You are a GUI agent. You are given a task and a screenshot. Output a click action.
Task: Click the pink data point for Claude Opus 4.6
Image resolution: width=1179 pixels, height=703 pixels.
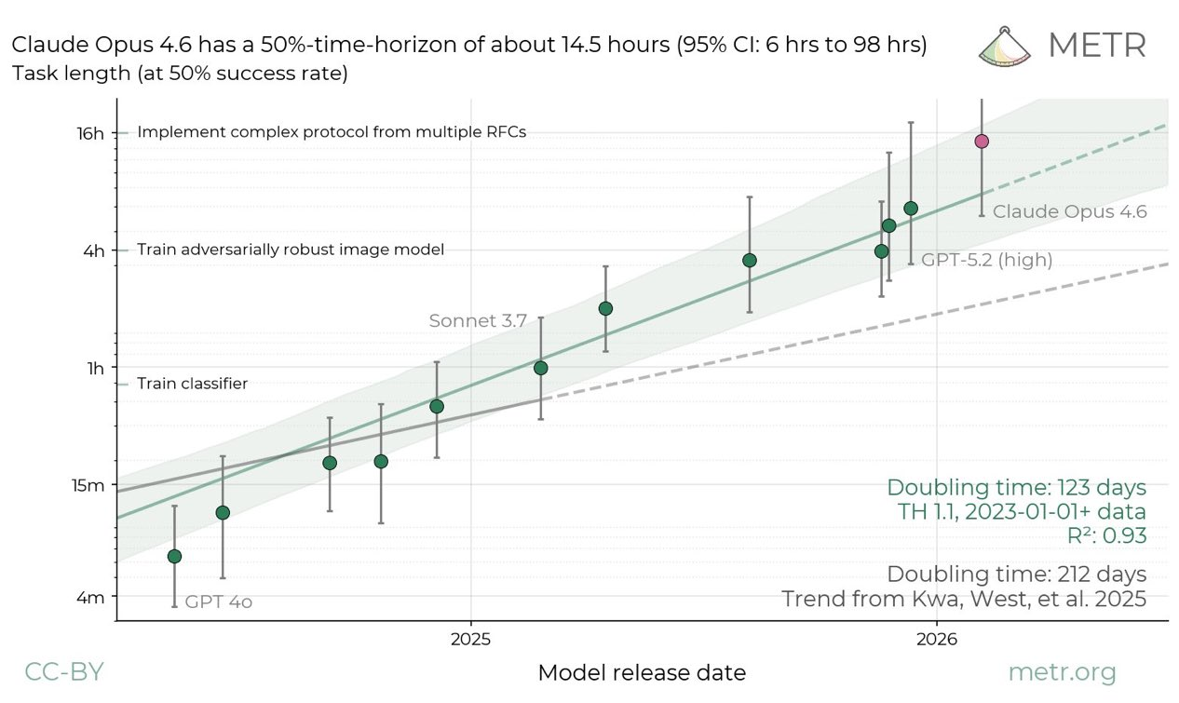tap(981, 141)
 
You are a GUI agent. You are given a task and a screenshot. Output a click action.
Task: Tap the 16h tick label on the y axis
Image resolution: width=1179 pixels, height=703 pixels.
tap(90, 133)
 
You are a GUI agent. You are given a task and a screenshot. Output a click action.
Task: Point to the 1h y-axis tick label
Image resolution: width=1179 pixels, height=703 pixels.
tap(96, 368)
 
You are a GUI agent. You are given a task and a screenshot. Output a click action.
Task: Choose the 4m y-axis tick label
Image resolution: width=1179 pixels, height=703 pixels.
tap(90, 597)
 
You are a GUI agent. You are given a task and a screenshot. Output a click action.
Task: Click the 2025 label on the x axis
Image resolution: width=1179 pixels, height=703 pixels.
tap(470, 641)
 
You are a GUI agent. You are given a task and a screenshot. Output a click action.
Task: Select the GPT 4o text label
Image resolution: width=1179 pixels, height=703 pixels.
tap(219, 602)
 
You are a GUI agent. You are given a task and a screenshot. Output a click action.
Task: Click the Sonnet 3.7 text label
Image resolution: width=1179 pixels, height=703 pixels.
tap(478, 320)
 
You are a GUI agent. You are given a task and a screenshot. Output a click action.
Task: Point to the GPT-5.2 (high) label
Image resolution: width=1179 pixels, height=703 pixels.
tap(986, 261)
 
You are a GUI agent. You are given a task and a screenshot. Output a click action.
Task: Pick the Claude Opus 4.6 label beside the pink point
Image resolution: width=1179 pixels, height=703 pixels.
tap(1069, 211)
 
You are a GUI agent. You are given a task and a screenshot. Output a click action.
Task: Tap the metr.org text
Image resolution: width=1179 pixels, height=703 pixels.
tap(1062, 672)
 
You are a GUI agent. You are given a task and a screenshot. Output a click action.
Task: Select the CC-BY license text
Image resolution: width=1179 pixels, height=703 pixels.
tap(63, 672)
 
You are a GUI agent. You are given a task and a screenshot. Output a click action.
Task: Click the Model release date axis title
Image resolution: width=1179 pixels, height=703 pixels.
tap(642, 672)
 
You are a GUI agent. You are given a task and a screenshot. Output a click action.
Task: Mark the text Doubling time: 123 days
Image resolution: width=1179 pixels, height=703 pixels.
tap(1016, 487)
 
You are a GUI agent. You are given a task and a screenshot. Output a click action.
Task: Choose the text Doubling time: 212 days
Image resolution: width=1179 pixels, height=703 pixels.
tap(1016, 574)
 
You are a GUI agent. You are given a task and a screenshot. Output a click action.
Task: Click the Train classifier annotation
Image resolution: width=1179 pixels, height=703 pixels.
tap(192, 384)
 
